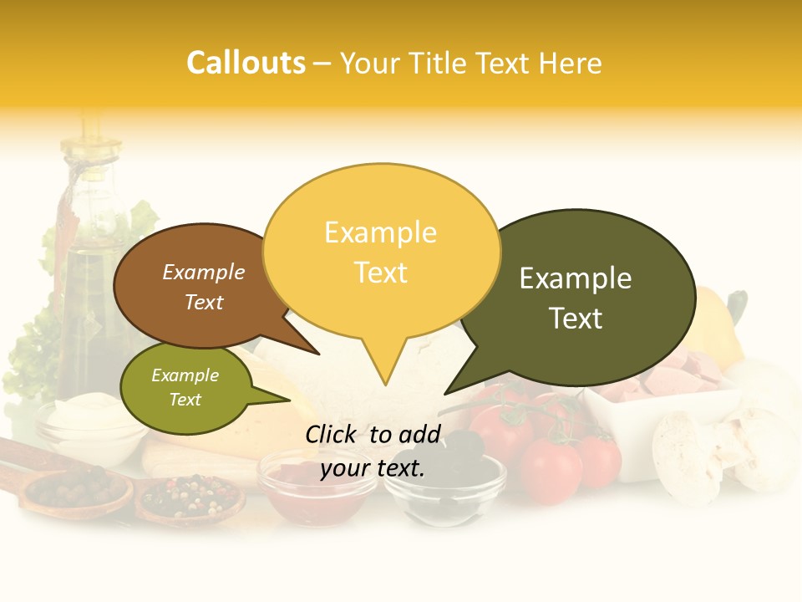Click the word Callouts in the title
(x=246, y=63)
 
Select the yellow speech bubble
(x=381, y=251)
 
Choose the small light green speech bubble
(x=185, y=388)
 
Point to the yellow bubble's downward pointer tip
(x=385, y=384)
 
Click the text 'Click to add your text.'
(x=373, y=451)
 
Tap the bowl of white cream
(x=83, y=421)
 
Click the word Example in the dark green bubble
(x=576, y=278)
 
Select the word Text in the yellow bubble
(x=381, y=273)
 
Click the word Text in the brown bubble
(x=204, y=302)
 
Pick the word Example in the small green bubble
(x=185, y=375)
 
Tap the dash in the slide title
(x=322, y=64)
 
